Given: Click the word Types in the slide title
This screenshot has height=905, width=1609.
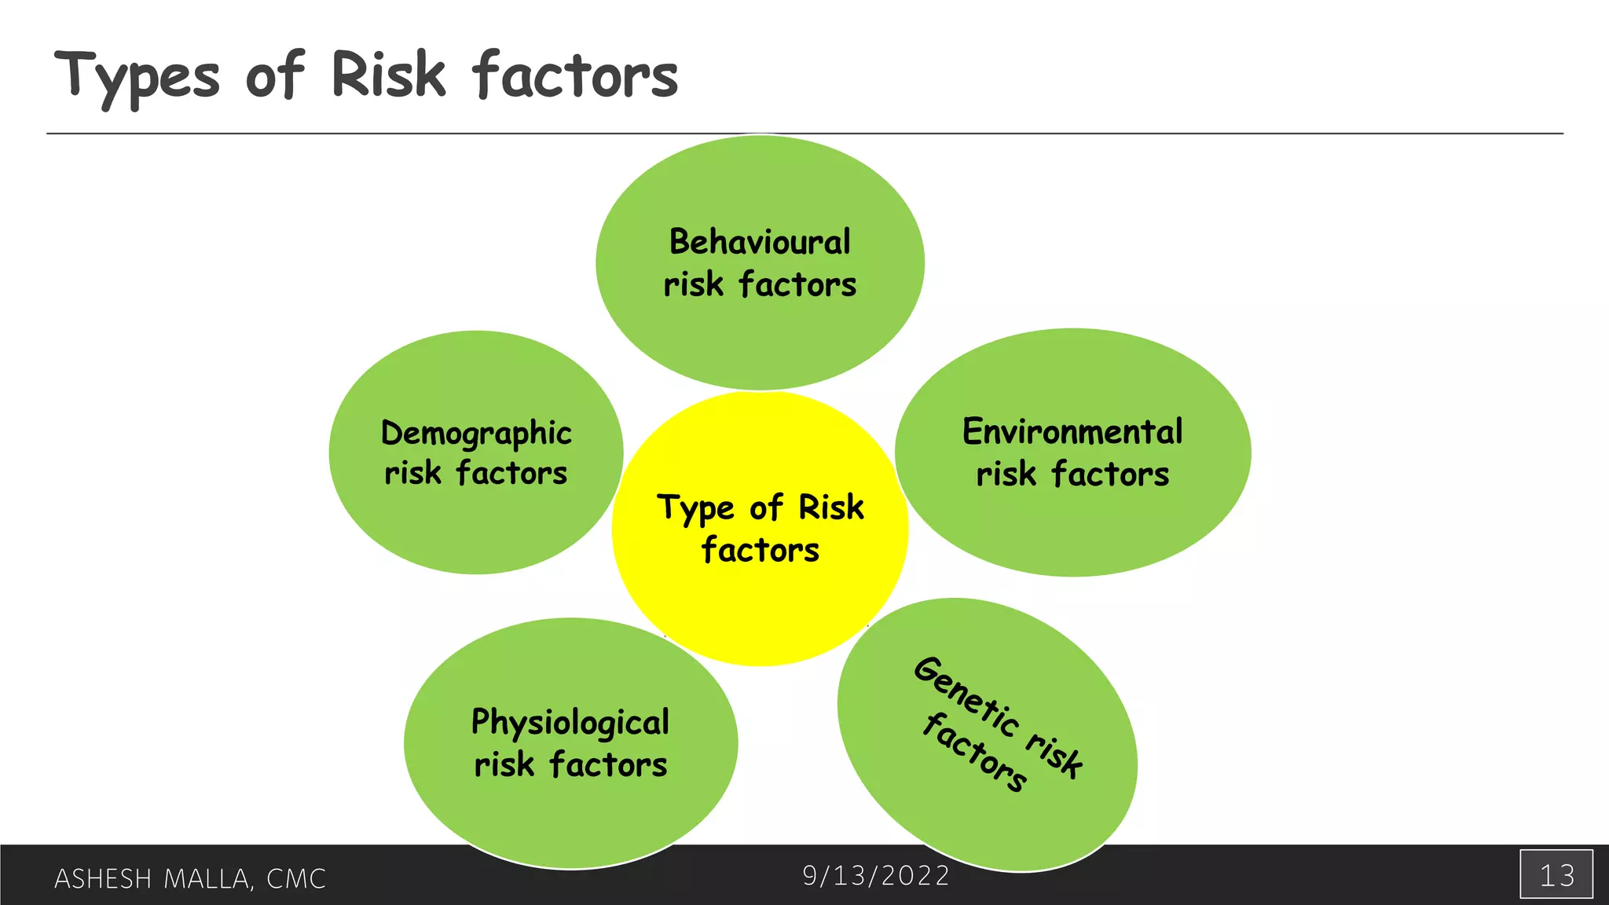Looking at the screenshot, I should [137, 77].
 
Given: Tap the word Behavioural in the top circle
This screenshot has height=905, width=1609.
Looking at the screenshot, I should [760, 242].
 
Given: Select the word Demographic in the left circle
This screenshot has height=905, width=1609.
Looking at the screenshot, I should [476, 434].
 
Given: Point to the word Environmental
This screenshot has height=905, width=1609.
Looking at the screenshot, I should [1072, 432].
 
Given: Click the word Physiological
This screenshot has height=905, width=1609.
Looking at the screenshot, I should [570, 723].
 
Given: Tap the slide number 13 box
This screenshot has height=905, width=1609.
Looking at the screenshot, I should [1556, 874].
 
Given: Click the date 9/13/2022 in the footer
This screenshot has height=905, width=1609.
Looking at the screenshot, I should [876, 875].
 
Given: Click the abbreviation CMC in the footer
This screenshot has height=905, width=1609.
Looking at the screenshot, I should [296, 878].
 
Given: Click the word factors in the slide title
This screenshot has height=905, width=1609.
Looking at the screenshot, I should [575, 75].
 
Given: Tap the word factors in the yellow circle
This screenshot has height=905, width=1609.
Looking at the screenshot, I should [760, 550].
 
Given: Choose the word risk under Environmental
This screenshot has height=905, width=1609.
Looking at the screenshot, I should [1006, 474].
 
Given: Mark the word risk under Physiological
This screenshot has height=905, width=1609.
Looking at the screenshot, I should [504, 764].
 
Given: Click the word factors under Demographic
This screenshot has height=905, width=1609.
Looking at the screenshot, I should [511, 474].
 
